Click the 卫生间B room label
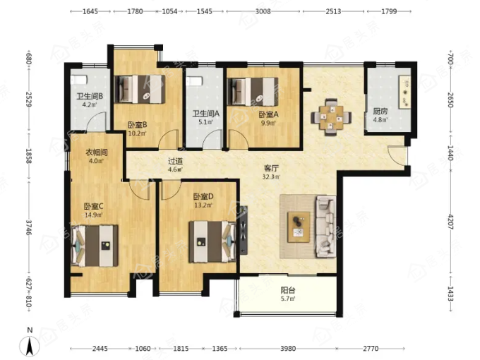90,97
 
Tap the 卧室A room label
268,115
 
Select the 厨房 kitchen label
380,112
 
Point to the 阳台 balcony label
288,290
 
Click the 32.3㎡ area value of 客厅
271,176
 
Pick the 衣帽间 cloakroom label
96,152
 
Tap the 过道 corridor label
175,161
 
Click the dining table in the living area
331,117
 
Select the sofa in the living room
325,227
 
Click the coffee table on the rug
299,227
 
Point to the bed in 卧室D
212,242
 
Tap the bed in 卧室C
95,246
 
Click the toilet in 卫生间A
194,81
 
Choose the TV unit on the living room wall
244,230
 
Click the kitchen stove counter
404,92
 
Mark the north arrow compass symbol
30,344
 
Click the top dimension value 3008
263,11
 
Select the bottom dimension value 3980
288,349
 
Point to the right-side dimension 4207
450,222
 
